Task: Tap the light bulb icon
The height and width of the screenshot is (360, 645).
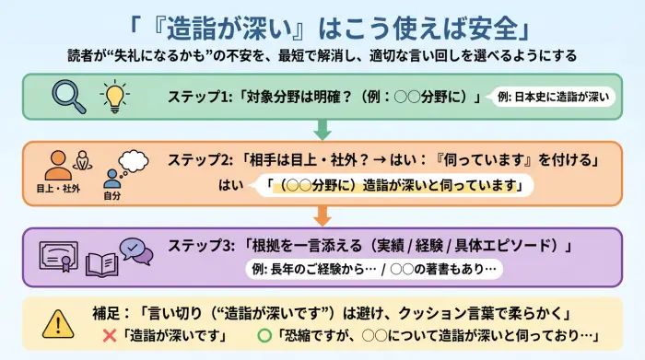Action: click(114, 97)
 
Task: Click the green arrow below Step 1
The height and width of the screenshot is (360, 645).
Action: click(322, 129)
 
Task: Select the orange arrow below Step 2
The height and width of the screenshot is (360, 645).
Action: click(322, 216)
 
